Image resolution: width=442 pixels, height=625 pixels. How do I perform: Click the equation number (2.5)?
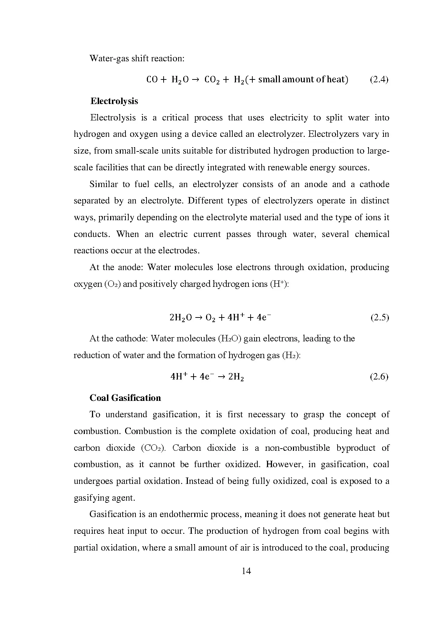380,317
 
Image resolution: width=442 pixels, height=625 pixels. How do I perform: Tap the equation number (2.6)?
379,377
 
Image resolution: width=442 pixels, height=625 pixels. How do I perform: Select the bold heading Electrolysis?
114,101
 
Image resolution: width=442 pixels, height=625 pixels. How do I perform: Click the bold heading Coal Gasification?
125,398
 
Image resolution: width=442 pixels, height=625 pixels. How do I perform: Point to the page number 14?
246,571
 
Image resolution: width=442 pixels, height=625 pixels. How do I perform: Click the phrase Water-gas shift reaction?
137,58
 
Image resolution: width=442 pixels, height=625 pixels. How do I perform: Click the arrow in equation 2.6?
221,377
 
